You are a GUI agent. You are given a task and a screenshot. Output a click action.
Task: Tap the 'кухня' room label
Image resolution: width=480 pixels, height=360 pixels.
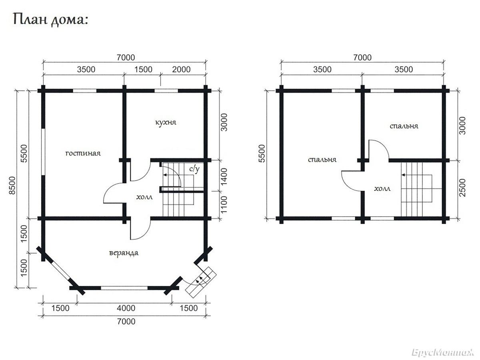click(166, 122)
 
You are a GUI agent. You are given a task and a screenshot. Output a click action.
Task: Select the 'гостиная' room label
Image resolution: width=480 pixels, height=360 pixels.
click(83, 153)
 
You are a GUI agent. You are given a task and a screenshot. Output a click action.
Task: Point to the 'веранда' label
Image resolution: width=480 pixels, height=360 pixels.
click(124, 253)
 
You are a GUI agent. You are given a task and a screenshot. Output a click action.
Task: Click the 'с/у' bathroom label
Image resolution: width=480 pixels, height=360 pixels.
click(194, 169)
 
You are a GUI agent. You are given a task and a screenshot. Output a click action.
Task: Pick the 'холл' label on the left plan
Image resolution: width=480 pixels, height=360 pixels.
click(144, 197)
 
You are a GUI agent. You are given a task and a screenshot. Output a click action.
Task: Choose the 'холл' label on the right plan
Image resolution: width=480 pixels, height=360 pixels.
click(382, 188)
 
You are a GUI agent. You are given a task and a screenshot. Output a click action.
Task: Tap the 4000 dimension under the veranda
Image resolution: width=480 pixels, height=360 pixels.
click(126, 308)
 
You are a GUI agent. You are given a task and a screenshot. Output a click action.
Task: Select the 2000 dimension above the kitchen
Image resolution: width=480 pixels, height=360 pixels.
click(181, 70)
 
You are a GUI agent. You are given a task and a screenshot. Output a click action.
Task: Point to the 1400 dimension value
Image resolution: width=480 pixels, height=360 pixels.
click(224, 176)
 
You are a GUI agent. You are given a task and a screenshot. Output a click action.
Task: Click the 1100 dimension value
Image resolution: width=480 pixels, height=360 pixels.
click(224, 204)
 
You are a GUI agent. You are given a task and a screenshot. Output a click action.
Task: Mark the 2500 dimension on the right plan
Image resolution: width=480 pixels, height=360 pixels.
click(463, 188)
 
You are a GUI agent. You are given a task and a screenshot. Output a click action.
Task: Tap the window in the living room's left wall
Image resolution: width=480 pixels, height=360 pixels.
click(43, 152)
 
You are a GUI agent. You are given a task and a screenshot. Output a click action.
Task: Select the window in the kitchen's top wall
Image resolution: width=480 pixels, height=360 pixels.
click(166, 91)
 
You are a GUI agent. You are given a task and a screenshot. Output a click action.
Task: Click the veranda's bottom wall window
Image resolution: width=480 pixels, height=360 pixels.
click(124, 288)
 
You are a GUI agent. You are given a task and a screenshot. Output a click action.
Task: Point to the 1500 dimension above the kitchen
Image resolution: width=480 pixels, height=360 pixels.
click(143, 70)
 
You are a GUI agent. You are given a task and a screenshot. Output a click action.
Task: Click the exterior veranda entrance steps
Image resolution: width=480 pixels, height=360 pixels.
click(201, 282)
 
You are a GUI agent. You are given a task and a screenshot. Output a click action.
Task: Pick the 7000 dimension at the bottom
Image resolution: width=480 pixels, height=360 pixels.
click(126, 322)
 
